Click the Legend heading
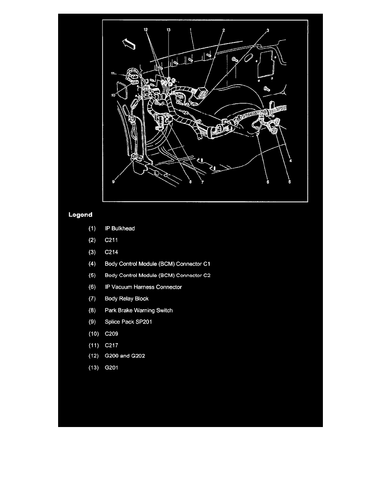click(x=80, y=215)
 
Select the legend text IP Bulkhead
click(x=120, y=228)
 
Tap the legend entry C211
click(x=112, y=240)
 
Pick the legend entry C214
click(x=112, y=251)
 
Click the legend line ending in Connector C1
click(x=160, y=264)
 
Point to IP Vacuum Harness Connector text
click(x=143, y=287)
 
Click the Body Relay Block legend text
click(x=127, y=298)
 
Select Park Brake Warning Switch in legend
click(x=139, y=310)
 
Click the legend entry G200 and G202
click(x=125, y=356)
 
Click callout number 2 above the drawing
click(x=223, y=30)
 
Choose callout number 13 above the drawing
click(x=169, y=30)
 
